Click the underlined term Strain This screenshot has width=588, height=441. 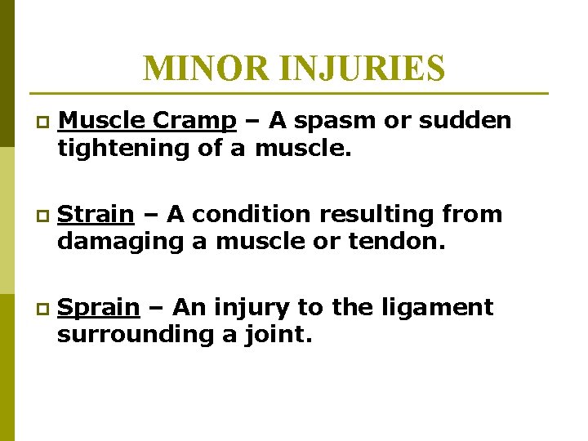pyautogui.click(x=97, y=215)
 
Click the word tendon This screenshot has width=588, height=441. pyautogui.click(x=401, y=242)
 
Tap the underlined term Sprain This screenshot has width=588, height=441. pyautogui.click(x=100, y=309)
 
